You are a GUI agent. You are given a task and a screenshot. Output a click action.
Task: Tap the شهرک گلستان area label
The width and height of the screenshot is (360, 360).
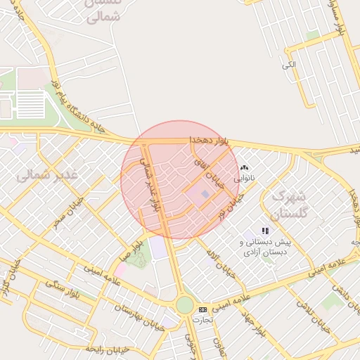pos(288,204)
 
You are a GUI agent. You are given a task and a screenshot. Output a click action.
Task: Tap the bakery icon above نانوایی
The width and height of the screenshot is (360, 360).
pos(245,168)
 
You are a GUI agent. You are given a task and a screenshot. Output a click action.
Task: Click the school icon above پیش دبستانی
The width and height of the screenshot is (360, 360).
pos(265,230)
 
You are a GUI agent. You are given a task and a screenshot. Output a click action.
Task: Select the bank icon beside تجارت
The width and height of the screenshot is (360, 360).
pos(203,309)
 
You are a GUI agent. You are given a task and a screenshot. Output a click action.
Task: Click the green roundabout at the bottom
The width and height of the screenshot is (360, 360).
pos(184,304)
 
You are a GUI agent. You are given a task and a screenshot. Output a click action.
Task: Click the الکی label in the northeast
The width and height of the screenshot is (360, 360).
pos(288,65)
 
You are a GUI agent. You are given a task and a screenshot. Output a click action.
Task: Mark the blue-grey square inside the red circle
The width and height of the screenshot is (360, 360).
pos(205,194)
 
